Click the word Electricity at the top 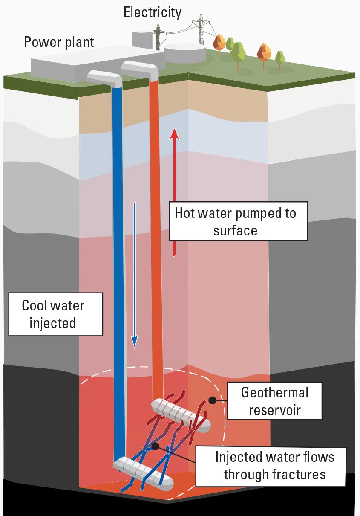pyautogui.click(x=152, y=12)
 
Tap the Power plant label pyautogui.click(x=59, y=42)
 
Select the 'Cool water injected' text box pyautogui.click(x=53, y=314)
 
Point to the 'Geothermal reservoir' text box pyautogui.click(x=274, y=400)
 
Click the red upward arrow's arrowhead pyautogui.click(x=174, y=133)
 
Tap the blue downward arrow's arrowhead pyautogui.click(x=135, y=341)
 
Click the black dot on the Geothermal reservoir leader pyautogui.click(x=211, y=401)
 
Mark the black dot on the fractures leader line pyautogui.click(x=155, y=446)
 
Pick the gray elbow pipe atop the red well pyautogui.click(x=142, y=68)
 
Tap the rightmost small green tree pyautogui.click(x=280, y=58)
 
